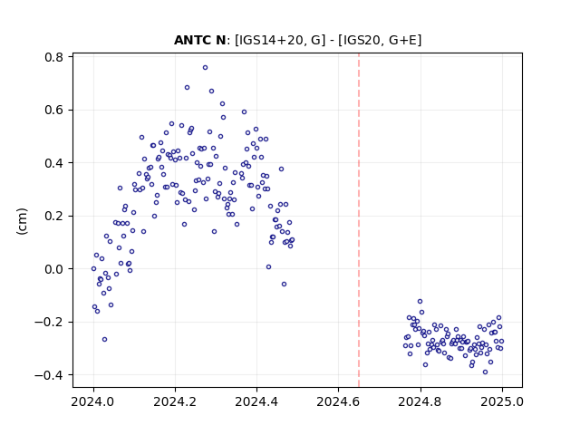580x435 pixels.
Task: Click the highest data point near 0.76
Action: tap(205, 67)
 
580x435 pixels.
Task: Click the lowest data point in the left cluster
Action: tap(105, 339)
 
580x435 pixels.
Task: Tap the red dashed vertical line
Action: tap(359, 220)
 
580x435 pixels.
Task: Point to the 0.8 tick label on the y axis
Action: tap(54, 57)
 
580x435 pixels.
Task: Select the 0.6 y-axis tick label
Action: tap(54, 111)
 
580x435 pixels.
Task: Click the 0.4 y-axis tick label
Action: tap(54, 163)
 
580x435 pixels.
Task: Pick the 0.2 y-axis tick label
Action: tap(54, 216)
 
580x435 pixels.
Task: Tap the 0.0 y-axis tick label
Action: tap(54, 269)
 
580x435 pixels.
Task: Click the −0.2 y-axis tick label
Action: tap(49, 323)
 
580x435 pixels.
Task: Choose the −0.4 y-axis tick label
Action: tap(49, 375)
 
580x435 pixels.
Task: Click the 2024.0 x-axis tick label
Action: tap(93, 401)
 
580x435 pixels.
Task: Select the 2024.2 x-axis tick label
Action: tap(175, 401)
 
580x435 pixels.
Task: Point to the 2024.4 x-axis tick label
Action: tap(256, 401)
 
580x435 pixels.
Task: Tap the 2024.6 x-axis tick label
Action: tap(338, 401)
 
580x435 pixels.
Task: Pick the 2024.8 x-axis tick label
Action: tap(420, 401)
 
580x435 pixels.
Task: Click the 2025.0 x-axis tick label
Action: tap(502, 401)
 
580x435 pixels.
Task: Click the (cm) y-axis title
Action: tap(22, 221)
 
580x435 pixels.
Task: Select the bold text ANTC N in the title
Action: tap(199, 40)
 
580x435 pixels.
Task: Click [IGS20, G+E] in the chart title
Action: tap(382, 40)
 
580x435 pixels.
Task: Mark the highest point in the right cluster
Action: tap(420, 302)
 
